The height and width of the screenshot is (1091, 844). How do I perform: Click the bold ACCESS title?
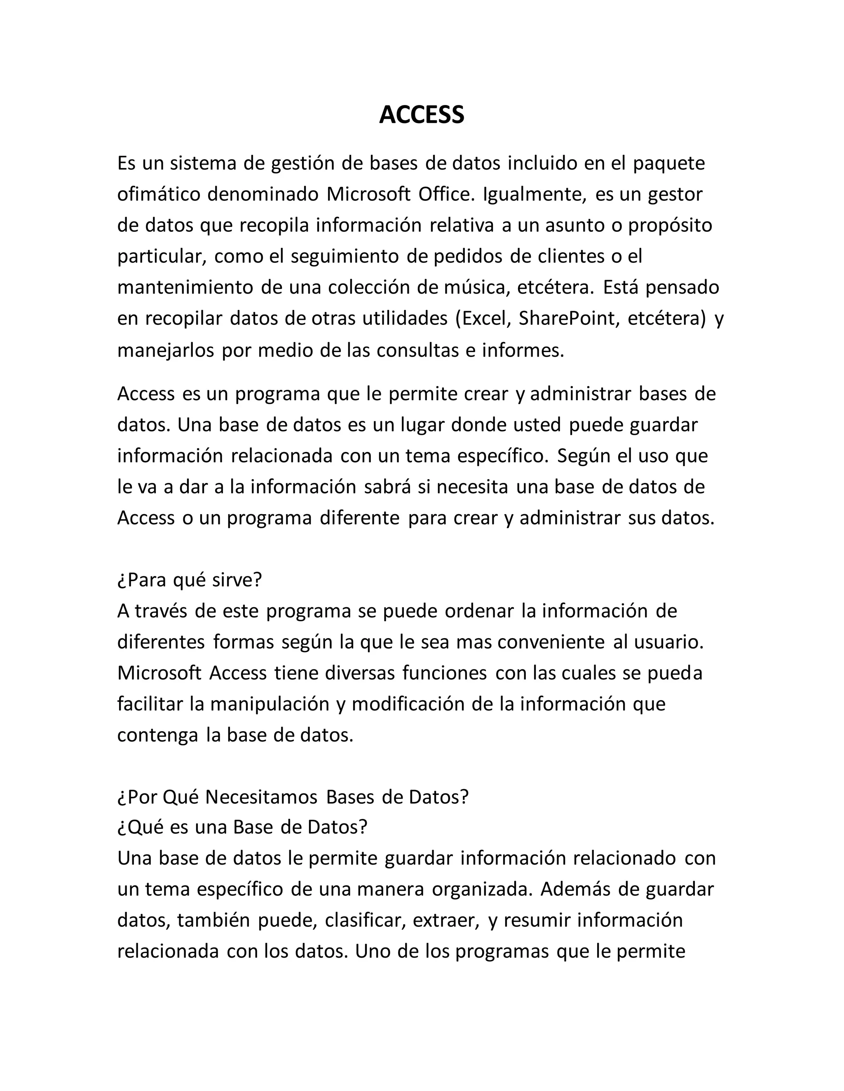(x=422, y=115)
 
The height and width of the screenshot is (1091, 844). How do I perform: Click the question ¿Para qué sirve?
(x=190, y=580)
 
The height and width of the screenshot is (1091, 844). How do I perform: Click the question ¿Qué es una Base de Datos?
(x=242, y=827)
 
